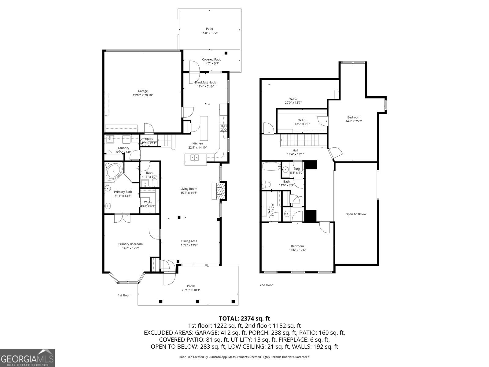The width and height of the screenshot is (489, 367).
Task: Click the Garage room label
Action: [143, 91]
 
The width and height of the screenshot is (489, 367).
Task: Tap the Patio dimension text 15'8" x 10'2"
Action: [209, 33]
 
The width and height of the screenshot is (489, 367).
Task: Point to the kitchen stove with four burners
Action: [223, 128]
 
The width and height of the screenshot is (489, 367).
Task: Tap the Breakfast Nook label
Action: [205, 82]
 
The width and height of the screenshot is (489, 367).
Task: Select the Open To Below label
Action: [356, 214]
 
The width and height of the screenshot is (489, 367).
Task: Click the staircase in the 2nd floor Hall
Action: [300, 141]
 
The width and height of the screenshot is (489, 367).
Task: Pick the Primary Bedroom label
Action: [131, 244]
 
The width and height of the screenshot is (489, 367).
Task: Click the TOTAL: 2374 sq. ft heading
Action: [244, 319]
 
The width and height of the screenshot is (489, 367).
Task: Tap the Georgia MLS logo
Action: [28, 358]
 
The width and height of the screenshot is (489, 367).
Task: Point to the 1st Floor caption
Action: [124, 295]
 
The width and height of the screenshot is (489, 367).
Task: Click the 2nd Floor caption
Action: [266, 285]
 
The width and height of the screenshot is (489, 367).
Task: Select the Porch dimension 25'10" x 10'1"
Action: [191, 290]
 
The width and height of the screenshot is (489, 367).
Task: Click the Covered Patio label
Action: [211, 59]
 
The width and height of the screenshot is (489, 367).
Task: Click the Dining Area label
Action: [189, 241]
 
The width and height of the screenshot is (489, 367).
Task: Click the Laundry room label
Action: [123, 148]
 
